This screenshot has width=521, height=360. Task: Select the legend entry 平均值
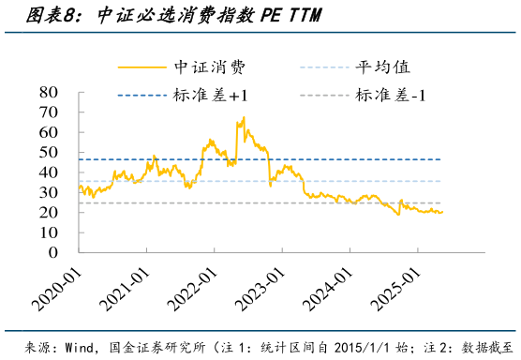point(382,67)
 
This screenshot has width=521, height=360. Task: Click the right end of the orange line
point(443,212)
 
